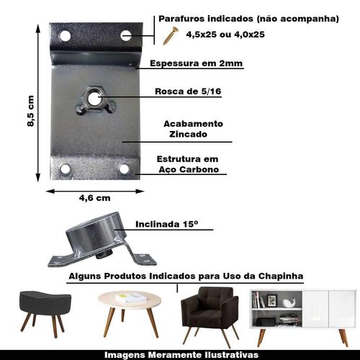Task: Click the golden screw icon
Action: click(x=171, y=36)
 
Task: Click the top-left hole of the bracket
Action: click(x=66, y=36)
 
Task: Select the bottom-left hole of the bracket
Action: click(x=65, y=169)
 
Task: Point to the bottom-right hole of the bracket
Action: click(x=124, y=168)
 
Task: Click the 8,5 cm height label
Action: click(x=31, y=111)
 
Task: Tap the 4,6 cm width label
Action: click(x=95, y=198)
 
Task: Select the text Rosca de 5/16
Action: click(x=188, y=91)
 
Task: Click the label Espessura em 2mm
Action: click(x=196, y=63)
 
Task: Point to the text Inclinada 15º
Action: click(x=167, y=224)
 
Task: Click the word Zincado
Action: click(x=188, y=134)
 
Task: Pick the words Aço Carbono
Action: click(x=189, y=170)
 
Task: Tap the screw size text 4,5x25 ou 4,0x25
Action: click(x=225, y=35)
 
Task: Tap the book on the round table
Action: click(x=130, y=298)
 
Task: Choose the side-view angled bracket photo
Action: click(x=102, y=240)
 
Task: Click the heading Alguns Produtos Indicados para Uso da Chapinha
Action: click(x=186, y=276)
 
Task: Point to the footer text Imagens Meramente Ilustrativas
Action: click(x=181, y=355)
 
